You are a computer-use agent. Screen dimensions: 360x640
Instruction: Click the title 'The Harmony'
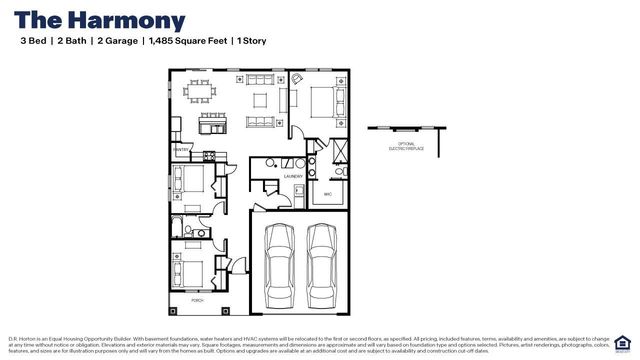coord(99,20)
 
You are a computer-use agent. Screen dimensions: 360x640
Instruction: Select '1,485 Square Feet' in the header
coord(187,42)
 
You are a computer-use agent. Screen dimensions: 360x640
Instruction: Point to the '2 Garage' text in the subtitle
coord(119,42)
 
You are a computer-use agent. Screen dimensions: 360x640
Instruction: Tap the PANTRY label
coord(181,150)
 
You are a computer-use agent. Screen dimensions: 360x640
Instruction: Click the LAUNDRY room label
coord(293,176)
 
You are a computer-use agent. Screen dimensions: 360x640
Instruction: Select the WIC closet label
coord(327,194)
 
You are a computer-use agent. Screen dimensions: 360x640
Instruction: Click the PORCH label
coord(198,300)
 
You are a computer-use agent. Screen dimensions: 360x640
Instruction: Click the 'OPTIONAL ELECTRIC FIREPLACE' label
coord(405,148)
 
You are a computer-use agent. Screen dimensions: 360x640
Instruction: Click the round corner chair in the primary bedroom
coord(296,79)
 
